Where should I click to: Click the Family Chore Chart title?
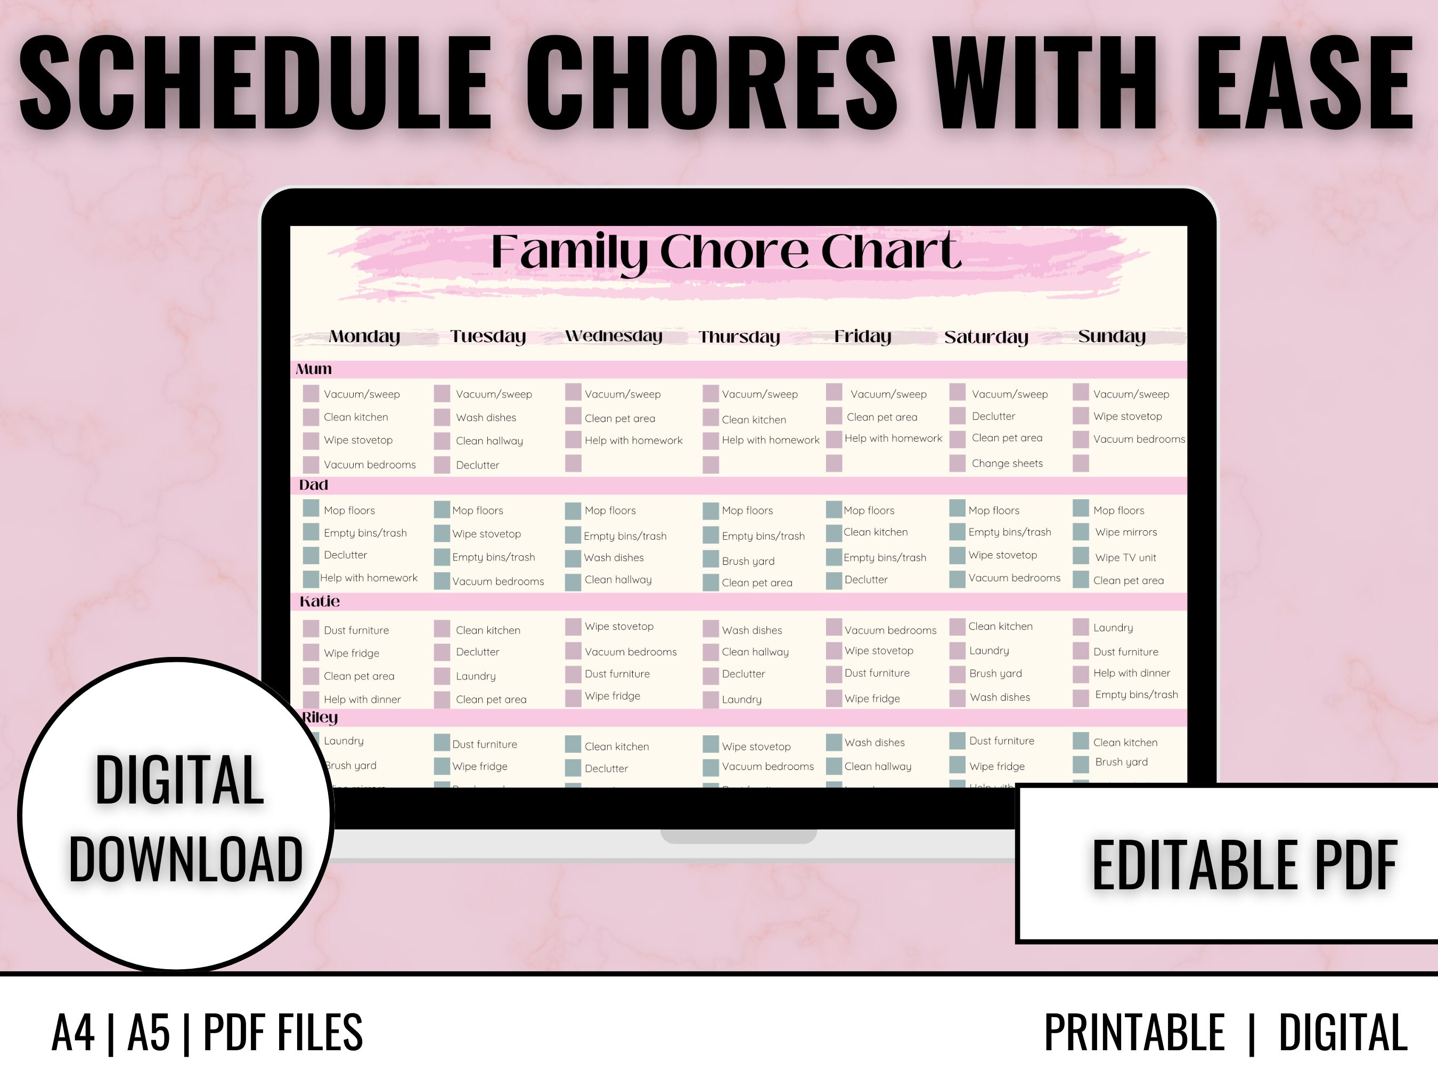(x=725, y=253)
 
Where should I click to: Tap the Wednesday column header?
(x=613, y=336)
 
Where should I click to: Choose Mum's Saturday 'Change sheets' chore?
(x=1007, y=464)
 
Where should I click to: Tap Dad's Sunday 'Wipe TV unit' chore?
(x=1125, y=558)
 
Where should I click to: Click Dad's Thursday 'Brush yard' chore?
(x=748, y=561)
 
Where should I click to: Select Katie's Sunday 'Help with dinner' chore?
(x=1131, y=673)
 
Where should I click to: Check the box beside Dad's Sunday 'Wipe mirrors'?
(x=1081, y=532)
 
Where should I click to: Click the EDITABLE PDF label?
(x=1244, y=865)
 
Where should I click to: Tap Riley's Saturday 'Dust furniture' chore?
(x=1001, y=741)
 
